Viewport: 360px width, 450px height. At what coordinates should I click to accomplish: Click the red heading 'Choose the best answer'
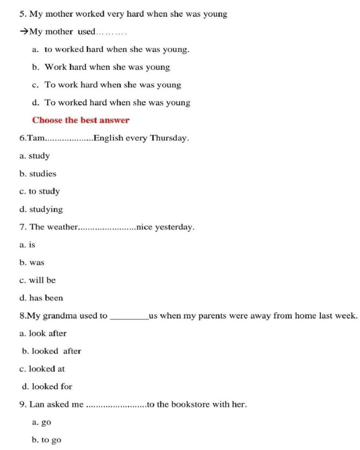[x=81, y=120]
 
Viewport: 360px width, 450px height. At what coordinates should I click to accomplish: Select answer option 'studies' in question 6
[x=42, y=174]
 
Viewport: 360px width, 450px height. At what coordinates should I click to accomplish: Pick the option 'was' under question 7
[x=37, y=263]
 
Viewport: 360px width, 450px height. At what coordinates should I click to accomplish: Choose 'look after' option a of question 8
[x=47, y=333]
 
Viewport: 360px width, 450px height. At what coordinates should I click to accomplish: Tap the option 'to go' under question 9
[x=51, y=440]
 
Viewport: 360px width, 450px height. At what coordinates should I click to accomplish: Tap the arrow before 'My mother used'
[x=24, y=32]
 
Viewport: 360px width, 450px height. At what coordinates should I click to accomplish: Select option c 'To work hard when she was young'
[x=112, y=85]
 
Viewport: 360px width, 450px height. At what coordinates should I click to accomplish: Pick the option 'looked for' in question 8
[x=52, y=386]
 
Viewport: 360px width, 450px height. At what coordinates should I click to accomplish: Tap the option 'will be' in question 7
[x=42, y=280]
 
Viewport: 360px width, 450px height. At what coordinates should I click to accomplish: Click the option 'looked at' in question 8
[x=46, y=369]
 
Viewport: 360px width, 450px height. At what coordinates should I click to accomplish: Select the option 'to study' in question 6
[x=44, y=192]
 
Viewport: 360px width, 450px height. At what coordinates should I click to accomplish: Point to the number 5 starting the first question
[x=22, y=14]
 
